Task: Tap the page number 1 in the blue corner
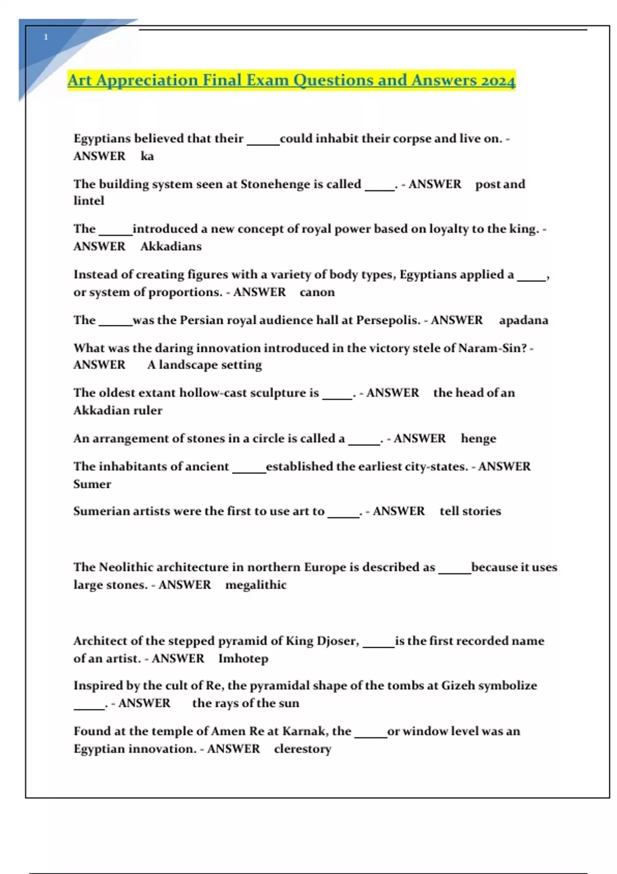coord(46,37)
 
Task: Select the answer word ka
coord(147,156)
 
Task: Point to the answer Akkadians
coord(171,246)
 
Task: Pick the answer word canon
coord(317,292)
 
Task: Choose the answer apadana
coord(523,320)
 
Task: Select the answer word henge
coord(478,439)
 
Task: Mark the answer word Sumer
coord(92,484)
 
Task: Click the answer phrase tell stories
coord(470,511)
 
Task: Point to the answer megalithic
coord(256,585)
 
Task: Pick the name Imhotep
coord(243,659)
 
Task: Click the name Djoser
coord(337,641)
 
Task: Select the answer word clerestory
coord(302,749)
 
